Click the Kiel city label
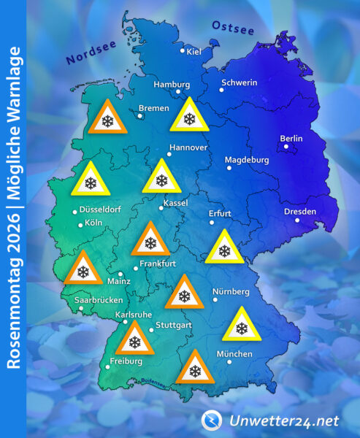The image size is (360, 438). click(194, 51)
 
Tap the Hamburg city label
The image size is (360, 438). click(172, 84)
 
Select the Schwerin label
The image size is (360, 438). click(239, 82)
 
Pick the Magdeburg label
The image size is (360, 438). click(247, 160)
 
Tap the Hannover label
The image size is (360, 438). click(188, 147)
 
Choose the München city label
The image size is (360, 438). click(234, 354)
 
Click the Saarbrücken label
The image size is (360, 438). click(99, 300)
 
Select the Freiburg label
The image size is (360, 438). click(125, 360)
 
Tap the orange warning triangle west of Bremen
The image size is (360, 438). click(107, 119)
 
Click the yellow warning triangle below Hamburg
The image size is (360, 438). click(190, 116)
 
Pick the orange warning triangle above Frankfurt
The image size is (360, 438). click(150, 240)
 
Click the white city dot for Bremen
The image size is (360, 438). click(140, 115)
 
